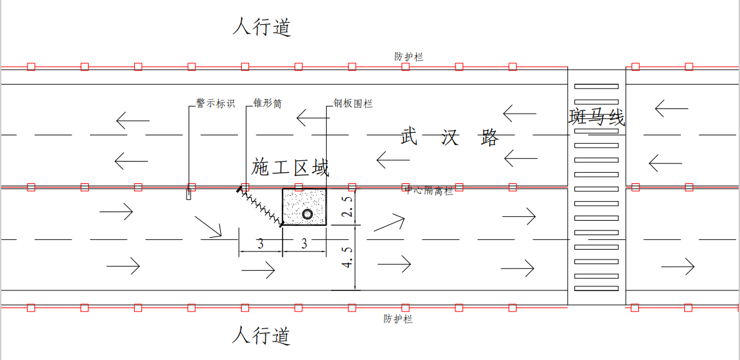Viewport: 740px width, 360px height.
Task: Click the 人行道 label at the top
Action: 262,28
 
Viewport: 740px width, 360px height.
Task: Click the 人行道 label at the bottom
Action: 262,336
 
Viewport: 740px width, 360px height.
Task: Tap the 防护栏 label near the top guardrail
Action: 409,57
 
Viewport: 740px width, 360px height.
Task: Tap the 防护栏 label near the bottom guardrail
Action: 398,319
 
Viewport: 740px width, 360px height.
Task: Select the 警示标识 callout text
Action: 215,104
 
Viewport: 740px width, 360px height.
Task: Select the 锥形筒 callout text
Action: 267,104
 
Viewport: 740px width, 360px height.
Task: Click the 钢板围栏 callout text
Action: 353,104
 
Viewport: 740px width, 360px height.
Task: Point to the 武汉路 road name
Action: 450,138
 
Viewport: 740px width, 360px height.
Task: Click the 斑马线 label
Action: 597,118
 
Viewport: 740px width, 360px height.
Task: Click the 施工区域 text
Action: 290,168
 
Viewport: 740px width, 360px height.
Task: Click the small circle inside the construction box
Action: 308,214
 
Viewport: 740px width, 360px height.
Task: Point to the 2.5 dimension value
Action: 349,207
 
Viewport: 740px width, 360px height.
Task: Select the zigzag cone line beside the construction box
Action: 260,207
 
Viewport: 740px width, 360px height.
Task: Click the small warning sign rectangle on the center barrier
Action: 189,194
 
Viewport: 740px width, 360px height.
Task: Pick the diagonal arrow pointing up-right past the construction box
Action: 388,223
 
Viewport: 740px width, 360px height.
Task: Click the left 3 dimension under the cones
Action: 260,244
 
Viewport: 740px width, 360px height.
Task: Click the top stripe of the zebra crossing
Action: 596,86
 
